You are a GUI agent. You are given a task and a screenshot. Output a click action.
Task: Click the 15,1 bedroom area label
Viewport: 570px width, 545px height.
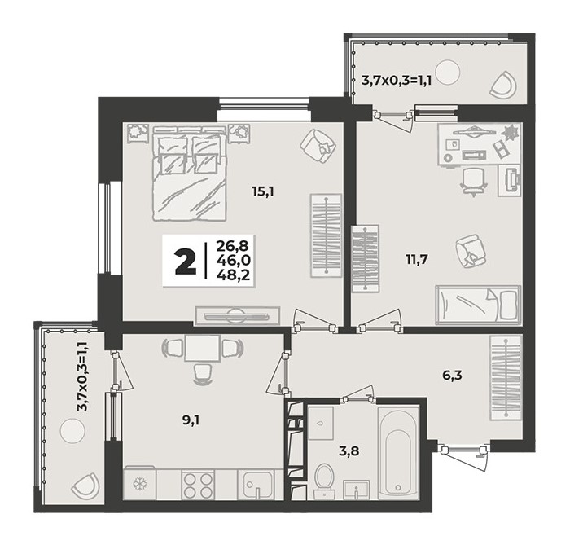pyautogui.click(x=263, y=191)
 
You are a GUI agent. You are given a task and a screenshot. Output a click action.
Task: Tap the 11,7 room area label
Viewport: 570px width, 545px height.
pyautogui.click(x=417, y=260)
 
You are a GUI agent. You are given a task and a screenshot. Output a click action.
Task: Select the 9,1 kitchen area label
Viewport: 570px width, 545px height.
pyautogui.click(x=191, y=421)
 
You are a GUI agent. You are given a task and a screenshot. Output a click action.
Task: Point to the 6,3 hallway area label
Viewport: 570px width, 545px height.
pyautogui.click(x=452, y=375)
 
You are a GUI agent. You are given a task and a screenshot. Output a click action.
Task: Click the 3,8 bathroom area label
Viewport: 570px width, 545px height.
pyautogui.click(x=349, y=451)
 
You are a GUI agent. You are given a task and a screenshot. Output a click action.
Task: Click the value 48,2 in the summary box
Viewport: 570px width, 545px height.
pyautogui.click(x=233, y=275)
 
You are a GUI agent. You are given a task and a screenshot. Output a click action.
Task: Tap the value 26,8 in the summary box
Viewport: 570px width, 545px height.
pyautogui.click(x=233, y=246)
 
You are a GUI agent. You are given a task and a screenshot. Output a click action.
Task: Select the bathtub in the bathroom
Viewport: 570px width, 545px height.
pyautogui.click(x=398, y=453)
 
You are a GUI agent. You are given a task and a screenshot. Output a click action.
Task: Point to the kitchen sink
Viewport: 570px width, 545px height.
pyautogui.click(x=258, y=485)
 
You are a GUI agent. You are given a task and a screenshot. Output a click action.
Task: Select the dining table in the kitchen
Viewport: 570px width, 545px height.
pyautogui.click(x=202, y=348)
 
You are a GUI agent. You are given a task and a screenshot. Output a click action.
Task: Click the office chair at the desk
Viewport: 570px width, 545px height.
pyautogui.click(x=474, y=182)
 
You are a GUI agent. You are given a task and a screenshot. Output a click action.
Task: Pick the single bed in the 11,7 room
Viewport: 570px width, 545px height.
pyautogui.click(x=478, y=304)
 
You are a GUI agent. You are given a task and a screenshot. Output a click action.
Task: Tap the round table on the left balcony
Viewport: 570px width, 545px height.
pyautogui.click(x=73, y=431)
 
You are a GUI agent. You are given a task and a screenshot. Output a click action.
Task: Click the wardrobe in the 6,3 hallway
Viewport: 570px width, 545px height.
pyautogui.click(x=506, y=377)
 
